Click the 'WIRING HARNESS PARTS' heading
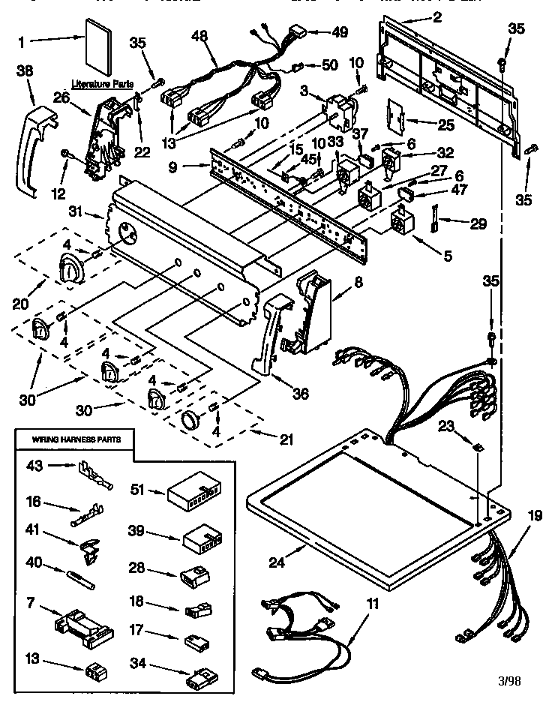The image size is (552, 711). [x=73, y=439]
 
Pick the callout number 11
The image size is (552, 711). [x=373, y=603]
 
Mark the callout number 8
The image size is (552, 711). [x=358, y=284]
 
